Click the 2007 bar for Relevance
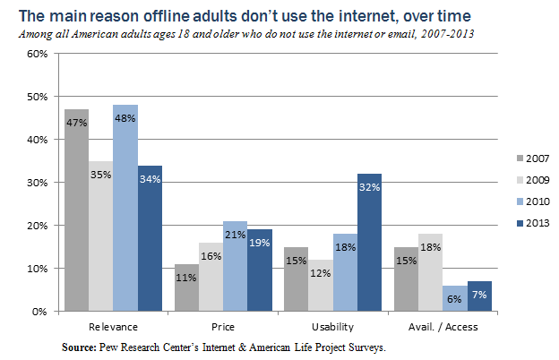point(76,210)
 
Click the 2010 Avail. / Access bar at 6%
point(454,298)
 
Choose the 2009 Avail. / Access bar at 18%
point(430,272)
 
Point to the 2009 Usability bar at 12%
point(320,286)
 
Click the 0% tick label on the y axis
point(39,312)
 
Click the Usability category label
point(332,327)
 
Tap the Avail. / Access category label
point(443,327)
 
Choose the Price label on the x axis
point(222,327)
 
